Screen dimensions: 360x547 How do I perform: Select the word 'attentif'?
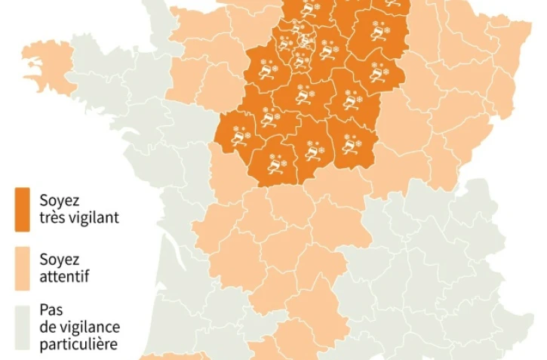pos(65,276)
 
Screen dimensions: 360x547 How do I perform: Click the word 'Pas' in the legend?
pos(51,310)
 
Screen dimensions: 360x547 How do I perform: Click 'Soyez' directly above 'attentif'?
pos(59,260)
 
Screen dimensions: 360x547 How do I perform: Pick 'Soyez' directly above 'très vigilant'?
pos(59,201)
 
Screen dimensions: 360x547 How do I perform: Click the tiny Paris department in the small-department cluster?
pos(305,38)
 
